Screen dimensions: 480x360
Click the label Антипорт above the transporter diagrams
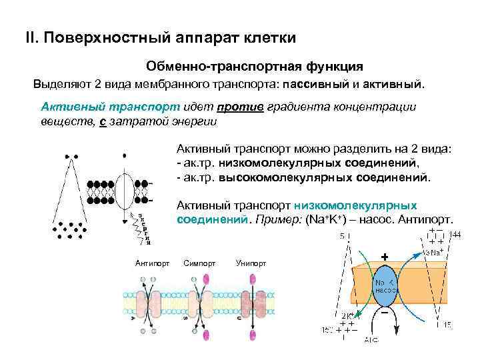152,263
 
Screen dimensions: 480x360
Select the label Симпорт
198,263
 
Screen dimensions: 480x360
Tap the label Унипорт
251,263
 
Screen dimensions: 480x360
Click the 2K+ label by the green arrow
349,316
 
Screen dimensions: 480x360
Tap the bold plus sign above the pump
385,256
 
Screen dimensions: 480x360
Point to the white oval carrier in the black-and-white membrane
125,189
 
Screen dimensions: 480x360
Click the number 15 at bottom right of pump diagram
447,325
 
